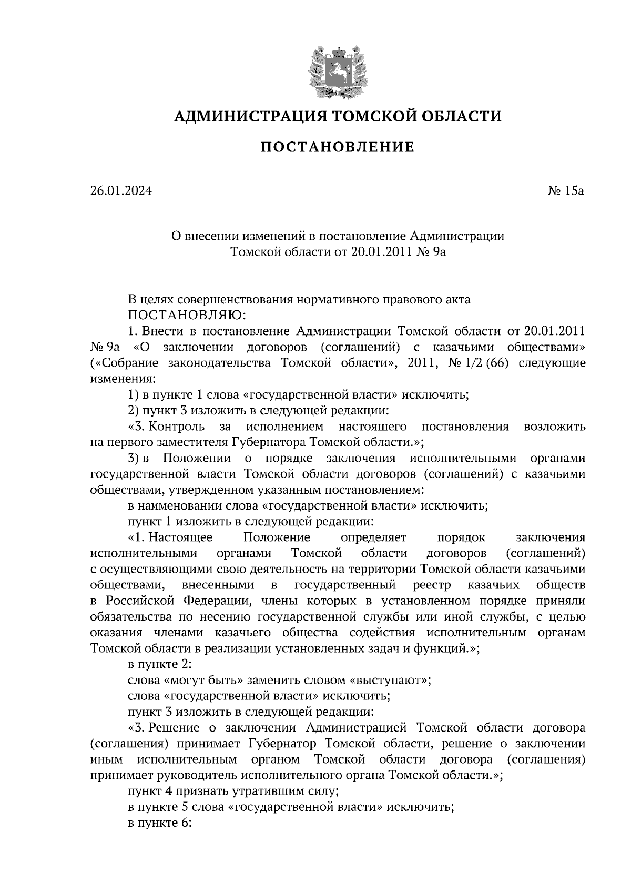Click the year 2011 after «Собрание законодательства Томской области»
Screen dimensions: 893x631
point(420,363)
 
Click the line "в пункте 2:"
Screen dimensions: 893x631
point(159,664)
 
